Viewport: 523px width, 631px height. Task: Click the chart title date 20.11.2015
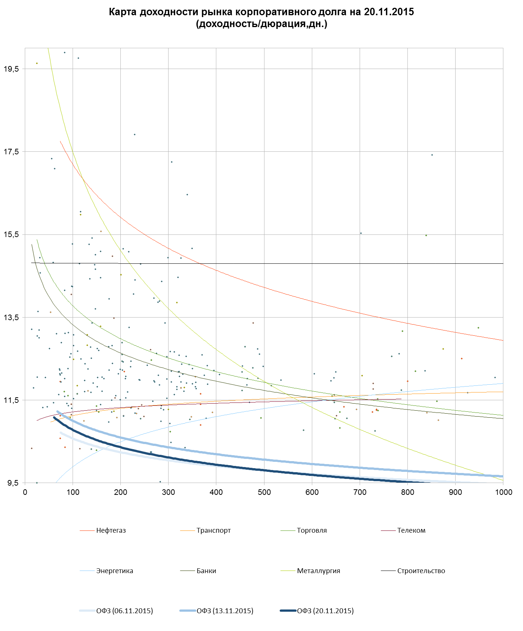[x=389, y=12]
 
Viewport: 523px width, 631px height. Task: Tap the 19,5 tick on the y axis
[x=11, y=69]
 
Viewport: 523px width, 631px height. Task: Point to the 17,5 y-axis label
[x=11, y=152]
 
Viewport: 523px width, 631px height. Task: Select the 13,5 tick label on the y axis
[x=11, y=318]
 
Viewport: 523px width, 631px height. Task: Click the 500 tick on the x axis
[x=264, y=492]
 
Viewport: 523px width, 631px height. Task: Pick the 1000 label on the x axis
[x=503, y=492]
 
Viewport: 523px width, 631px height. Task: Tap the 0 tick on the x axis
[x=25, y=492]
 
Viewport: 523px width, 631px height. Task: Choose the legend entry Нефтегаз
[x=111, y=530]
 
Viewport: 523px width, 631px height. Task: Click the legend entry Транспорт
[x=213, y=530]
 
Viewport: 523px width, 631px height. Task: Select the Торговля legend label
[x=312, y=530]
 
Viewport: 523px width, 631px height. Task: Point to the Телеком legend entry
[x=411, y=530]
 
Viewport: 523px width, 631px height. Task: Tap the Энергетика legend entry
[x=114, y=571]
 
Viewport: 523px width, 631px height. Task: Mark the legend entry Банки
[x=206, y=571]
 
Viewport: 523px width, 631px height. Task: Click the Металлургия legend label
[x=318, y=571]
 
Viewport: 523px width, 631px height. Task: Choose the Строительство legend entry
[x=421, y=571]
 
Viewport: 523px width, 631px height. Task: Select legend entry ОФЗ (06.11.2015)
[x=124, y=611]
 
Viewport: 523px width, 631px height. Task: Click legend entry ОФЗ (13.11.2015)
[x=225, y=611]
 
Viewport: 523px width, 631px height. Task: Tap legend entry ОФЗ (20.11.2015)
[x=325, y=611]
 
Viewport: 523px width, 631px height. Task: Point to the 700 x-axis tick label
[x=360, y=492]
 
